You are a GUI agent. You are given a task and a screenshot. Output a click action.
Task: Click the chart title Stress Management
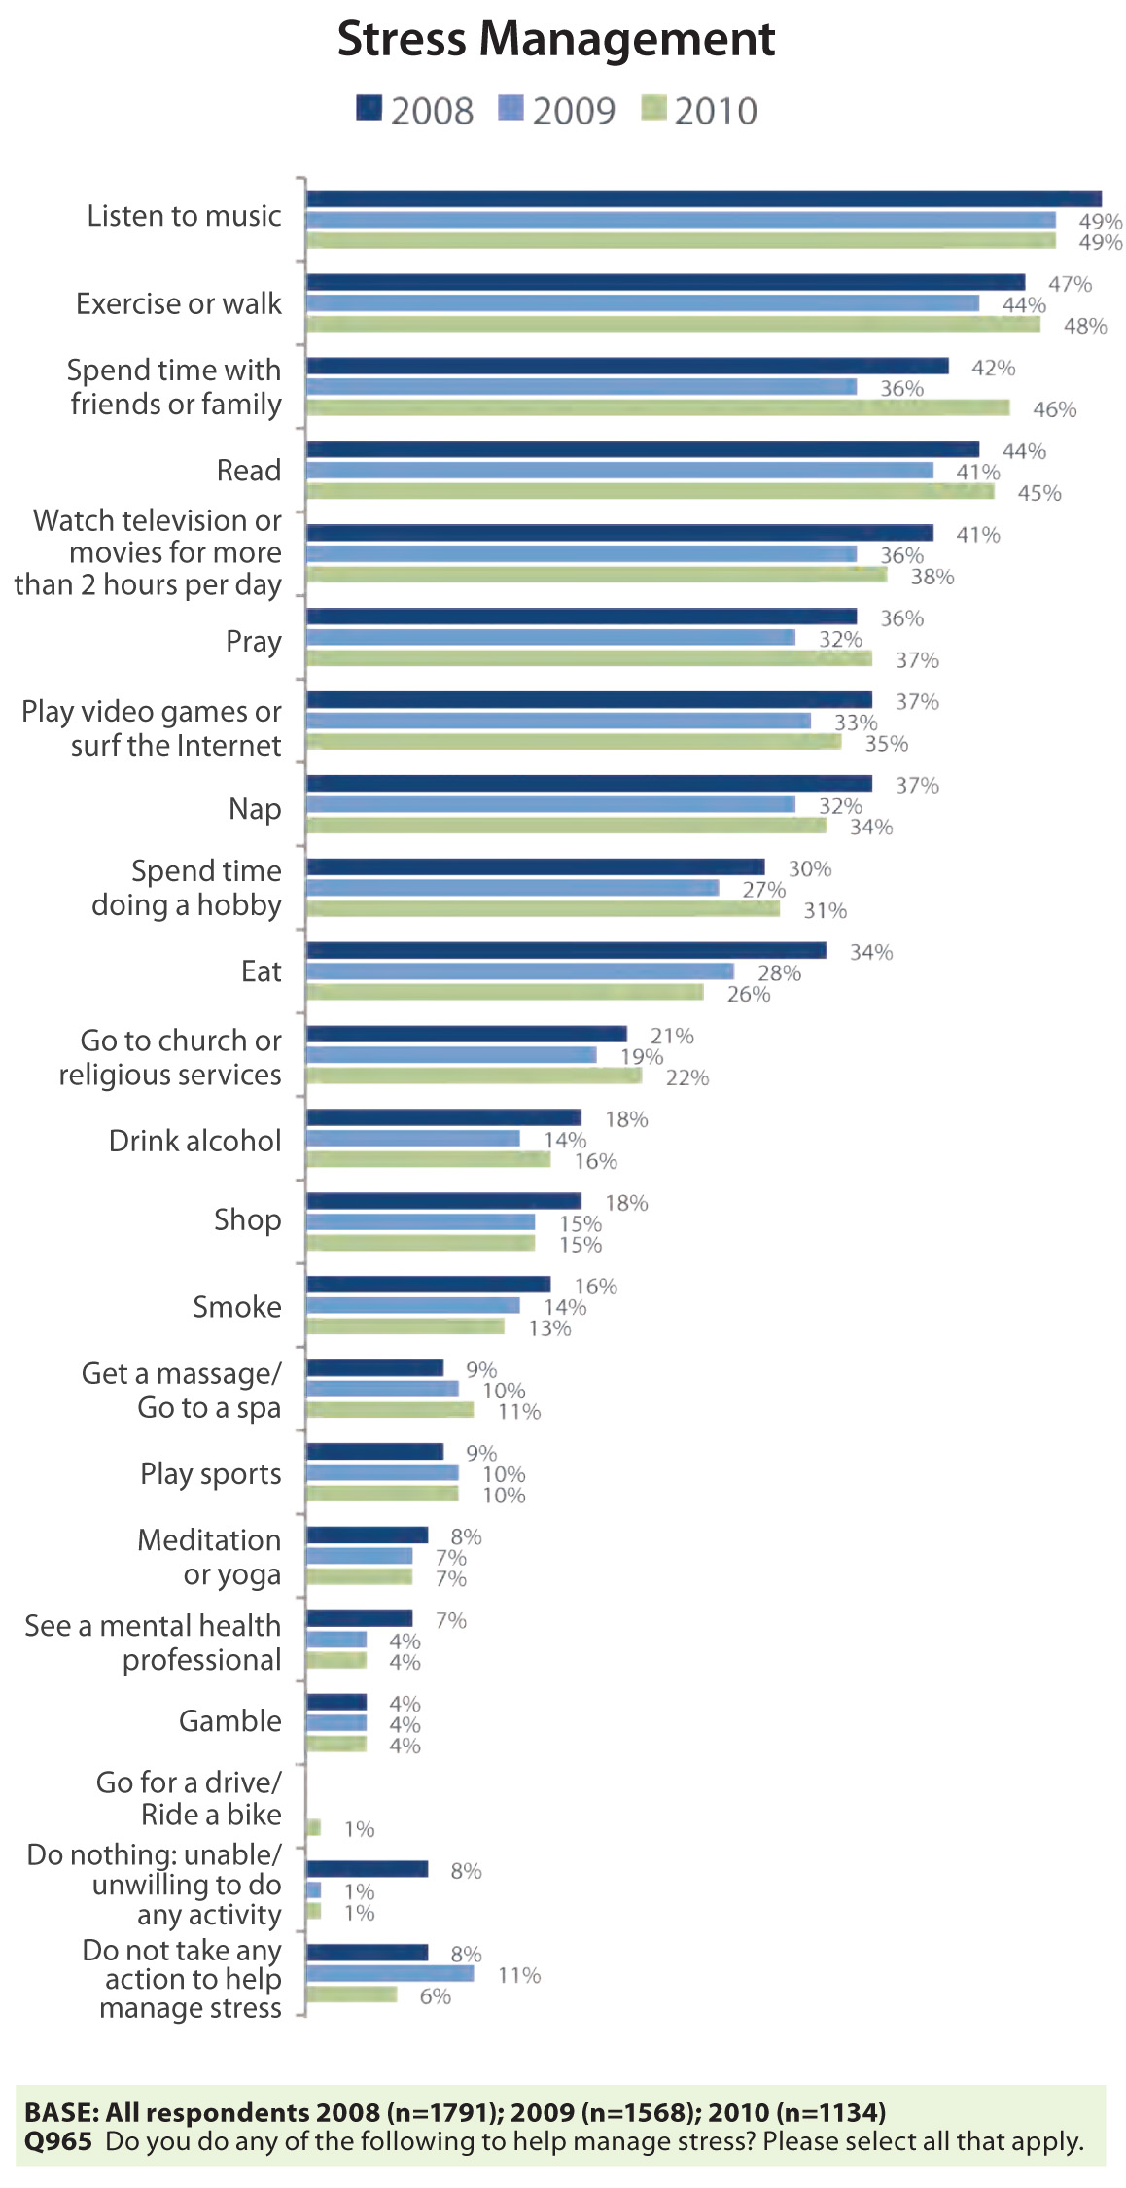556,41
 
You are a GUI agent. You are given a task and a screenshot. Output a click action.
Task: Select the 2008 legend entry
415,111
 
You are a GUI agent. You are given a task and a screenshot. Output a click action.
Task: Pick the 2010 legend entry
699,111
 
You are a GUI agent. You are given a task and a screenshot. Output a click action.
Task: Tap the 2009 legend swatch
510,108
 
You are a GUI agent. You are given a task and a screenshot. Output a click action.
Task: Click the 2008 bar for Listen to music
703,199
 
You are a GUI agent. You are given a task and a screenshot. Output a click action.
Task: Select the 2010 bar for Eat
505,992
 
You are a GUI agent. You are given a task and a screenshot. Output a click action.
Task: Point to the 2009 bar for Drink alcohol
413,1138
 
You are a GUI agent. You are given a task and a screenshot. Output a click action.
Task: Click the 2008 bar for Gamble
336,1702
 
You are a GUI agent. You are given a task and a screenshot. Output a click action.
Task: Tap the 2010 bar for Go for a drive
313,1827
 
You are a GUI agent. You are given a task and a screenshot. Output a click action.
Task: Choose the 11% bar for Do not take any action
390,1973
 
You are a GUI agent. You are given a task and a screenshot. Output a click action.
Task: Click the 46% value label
1054,410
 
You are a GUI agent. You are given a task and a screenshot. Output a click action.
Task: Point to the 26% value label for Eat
749,994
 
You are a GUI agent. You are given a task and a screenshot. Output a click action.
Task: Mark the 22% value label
687,1077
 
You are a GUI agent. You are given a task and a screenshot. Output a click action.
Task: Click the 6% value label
435,1995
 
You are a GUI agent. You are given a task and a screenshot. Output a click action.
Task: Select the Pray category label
254,642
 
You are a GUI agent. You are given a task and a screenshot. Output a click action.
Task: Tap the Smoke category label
237,1307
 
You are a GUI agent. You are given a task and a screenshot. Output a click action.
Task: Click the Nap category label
255,809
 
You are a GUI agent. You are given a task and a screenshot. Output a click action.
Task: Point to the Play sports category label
211,1474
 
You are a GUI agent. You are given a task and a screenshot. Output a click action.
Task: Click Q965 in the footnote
58,2141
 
